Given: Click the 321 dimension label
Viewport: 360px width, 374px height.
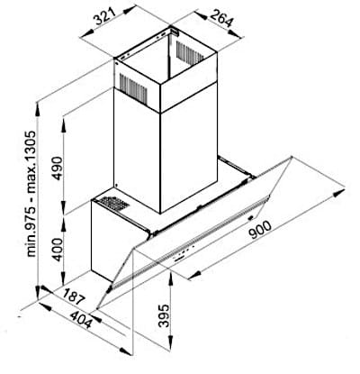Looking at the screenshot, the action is (x=104, y=16).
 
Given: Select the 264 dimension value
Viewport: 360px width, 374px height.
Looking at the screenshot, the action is (x=221, y=19).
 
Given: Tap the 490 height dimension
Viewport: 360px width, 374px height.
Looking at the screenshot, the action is (x=58, y=168).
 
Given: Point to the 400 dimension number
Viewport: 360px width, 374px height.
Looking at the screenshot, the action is (x=58, y=250).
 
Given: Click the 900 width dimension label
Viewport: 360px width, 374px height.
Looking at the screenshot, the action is (x=260, y=230).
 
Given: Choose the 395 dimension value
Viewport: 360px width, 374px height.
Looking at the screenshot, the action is (x=164, y=315).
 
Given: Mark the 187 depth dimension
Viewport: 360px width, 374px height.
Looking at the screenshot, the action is (x=74, y=296).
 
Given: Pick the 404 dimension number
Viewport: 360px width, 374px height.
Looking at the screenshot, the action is (x=80, y=320).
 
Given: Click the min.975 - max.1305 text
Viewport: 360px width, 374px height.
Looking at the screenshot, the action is (x=31, y=194).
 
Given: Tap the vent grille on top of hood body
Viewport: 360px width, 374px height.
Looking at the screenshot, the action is (x=114, y=204).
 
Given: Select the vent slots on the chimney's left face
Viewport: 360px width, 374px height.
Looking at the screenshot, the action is (x=133, y=87).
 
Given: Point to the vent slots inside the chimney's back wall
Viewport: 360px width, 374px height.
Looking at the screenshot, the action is (x=190, y=52).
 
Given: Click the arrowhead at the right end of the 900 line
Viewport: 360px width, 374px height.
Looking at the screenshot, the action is (x=339, y=193).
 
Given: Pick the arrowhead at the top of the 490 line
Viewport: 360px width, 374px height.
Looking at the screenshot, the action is (x=64, y=123).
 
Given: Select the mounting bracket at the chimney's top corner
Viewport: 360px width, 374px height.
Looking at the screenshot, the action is (x=174, y=31).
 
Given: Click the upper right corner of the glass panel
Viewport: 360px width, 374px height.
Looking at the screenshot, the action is (x=292, y=157).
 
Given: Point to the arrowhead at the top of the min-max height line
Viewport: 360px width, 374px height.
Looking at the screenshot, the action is (x=38, y=110).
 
